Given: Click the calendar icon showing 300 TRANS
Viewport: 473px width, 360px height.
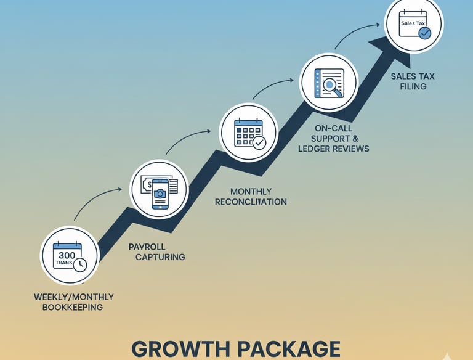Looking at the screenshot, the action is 70,256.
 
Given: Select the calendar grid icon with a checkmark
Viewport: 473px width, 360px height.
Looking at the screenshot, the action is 248,133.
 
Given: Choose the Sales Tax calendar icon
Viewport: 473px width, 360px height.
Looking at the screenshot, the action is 413,24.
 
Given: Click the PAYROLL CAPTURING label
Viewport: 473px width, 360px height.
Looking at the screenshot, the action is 156,252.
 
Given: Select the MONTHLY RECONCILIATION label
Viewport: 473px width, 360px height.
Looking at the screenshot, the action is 251,197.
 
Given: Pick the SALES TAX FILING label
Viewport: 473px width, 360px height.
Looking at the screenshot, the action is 408,81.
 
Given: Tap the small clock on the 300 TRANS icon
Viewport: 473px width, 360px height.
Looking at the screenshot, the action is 79,264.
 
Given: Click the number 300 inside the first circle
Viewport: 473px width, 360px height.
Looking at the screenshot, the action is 67,254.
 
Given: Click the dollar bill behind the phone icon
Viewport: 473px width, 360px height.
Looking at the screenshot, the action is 148,183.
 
